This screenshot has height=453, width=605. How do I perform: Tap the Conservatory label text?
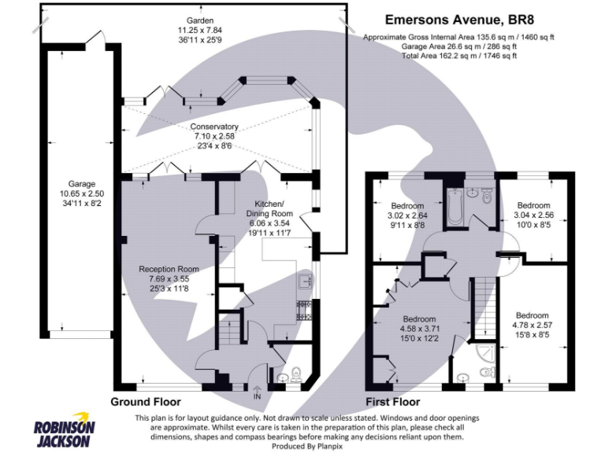pyautogui.click(x=214, y=137)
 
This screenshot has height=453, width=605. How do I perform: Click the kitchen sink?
pyautogui.click(x=305, y=280)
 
